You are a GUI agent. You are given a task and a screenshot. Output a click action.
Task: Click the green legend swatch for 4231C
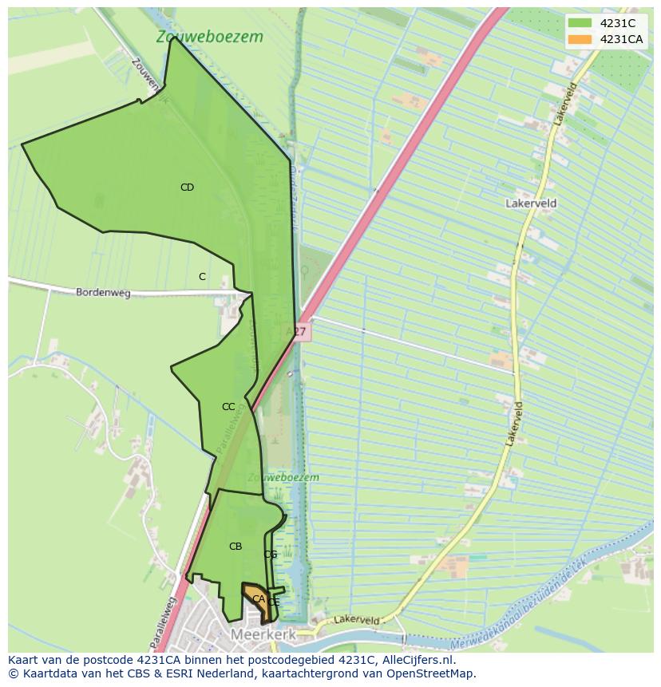(580, 23)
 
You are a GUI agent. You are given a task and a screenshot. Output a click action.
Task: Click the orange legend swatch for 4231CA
(580, 39)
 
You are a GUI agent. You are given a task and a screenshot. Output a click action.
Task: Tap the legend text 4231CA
(621, 39)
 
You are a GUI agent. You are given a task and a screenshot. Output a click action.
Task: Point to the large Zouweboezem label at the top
(209, 37)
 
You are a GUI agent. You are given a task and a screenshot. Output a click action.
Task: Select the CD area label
(187, 188)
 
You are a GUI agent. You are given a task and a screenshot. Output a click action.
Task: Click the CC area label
(228, 407)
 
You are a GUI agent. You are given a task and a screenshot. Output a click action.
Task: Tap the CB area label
(236, 547)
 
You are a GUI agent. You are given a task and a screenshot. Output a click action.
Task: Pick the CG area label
(271, 555)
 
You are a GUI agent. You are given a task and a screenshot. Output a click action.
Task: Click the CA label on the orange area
(258, 598)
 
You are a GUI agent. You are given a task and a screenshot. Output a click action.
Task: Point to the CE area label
(274, 602)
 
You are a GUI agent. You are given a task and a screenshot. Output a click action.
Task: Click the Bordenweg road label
(103, 293)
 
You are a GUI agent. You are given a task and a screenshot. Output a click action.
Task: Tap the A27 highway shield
(297, 330)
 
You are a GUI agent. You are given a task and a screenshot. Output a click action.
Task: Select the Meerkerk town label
(263, 634)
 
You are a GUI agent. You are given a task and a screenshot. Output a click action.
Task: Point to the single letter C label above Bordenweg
(202, 277)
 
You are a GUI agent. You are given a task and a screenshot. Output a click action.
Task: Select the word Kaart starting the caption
(25, 660)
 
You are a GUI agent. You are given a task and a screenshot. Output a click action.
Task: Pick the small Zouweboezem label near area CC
(283, 477)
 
